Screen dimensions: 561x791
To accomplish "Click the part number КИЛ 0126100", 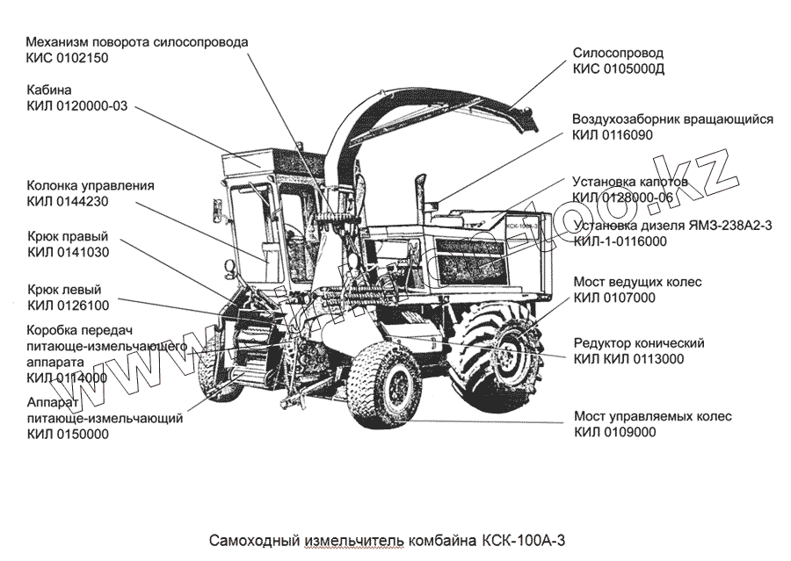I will coord(69,306).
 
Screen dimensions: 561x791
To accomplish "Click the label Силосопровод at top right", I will coord(618,53).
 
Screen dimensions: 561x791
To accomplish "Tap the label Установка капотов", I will coord(629,183).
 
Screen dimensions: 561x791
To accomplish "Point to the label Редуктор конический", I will coord(639,342).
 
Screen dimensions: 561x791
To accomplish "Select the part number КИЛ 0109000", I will coord(615,432).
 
